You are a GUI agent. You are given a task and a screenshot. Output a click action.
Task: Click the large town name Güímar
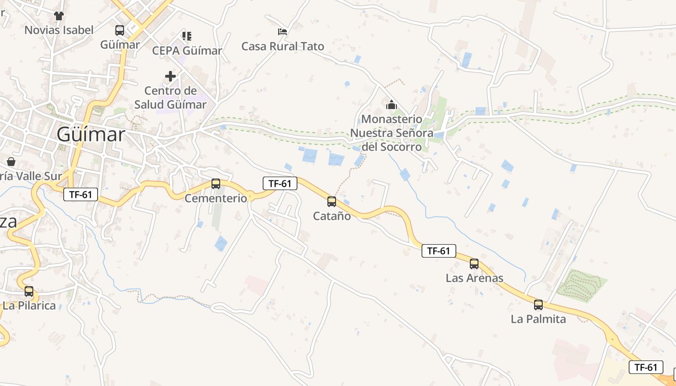(91, 135)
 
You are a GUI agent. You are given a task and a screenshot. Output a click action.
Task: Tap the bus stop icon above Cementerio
(216, 184)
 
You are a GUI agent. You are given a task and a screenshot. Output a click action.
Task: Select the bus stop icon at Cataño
(332, 202)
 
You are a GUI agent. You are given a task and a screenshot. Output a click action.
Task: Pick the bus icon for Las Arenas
(474, 264)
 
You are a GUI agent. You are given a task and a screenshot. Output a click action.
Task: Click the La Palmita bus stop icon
(538, 305)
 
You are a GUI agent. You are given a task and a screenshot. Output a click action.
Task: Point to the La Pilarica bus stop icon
(29, 291)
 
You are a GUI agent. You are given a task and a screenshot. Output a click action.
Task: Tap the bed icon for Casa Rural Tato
(282, 32)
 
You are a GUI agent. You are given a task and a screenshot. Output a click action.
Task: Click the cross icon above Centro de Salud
(170, 76)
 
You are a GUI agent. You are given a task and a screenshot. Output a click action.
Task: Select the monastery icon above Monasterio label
(391, 105)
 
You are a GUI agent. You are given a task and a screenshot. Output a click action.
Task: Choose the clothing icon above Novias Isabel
(59, 16)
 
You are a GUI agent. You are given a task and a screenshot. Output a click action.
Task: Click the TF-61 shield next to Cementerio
(280, 183)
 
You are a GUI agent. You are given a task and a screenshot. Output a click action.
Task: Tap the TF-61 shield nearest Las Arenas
(438, 251)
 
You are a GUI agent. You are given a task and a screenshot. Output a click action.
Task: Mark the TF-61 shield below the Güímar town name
(81, 194)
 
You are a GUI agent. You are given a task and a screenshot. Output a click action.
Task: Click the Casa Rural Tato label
(282, 46)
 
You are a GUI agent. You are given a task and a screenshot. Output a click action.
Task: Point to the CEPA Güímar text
(187, 51)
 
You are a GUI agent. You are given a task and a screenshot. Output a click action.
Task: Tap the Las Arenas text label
(474, 278)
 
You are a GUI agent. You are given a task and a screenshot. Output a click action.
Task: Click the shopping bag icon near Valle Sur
(11, 161)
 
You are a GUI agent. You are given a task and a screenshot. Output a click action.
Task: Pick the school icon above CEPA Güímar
(187, 36)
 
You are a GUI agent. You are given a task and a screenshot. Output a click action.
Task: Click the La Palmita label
(538, 319)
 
